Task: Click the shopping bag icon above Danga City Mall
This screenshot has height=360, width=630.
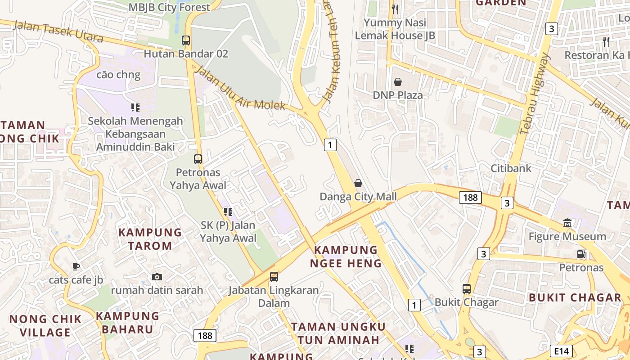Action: tap(358, 183)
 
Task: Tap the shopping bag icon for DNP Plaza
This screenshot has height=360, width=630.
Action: tap(398, 82)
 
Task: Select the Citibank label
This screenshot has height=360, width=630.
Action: tap(511, 168)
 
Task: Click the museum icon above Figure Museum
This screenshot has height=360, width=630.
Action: tap(567, 223)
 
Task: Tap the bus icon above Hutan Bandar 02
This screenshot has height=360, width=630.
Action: tap(186, 40)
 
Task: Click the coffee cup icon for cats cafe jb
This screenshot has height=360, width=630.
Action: tap(76, 267)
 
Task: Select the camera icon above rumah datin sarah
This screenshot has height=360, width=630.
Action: tap(157, 277)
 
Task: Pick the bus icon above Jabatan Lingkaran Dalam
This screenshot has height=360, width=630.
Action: tap(274, 277)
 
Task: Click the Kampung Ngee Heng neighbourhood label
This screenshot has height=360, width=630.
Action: tap(346, 256)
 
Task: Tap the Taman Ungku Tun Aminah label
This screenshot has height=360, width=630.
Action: tap(338, 333)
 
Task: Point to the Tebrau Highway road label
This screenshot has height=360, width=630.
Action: tap(535, 94)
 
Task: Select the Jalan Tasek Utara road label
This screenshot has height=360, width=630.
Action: tap(58, 31)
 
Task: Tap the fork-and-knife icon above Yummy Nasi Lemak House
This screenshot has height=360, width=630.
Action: tap(395, 9)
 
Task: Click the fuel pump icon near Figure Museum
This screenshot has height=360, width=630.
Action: tap(581, 254)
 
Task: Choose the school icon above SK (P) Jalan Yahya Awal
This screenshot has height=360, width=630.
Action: tap(228, 211)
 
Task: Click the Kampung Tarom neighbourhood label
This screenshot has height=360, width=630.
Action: tap(150, 239)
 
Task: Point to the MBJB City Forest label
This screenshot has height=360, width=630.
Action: tap(169, 7)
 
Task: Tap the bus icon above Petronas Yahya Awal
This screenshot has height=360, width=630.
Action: tap(198, 159)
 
